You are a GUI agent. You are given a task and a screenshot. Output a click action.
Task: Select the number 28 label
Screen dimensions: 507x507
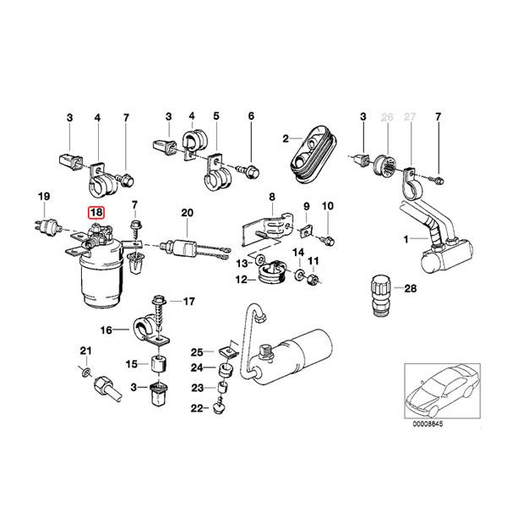pos(412,289)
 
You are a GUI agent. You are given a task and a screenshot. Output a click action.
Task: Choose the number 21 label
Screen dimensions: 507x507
pos(84,351)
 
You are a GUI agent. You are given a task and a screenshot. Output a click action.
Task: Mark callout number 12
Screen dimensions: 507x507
pos(241,278)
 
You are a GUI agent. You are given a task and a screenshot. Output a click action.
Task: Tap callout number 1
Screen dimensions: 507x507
pos(406,240)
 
